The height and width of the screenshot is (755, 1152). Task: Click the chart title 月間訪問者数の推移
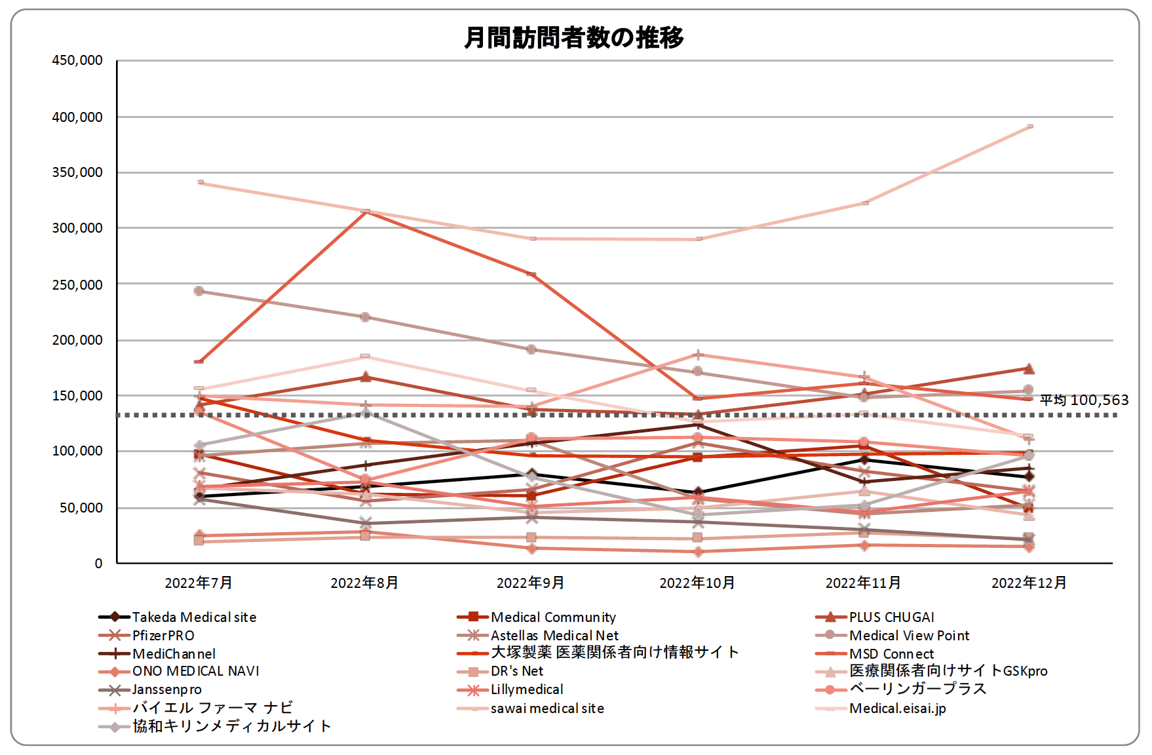coord(573,37)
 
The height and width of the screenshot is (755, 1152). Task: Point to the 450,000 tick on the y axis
coord(77,60)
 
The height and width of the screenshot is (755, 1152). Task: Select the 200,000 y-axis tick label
coord(77,340)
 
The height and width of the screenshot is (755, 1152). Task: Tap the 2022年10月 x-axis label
coord(697,583)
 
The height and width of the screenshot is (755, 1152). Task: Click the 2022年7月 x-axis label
coord(199,583)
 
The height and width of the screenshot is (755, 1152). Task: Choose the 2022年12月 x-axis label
coord(1029,583)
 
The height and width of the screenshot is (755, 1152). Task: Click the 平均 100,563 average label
coord(1084,400)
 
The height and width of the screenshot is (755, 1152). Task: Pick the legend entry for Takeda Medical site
coord(194,617)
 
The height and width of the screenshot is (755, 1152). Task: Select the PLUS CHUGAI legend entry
coord(891,617)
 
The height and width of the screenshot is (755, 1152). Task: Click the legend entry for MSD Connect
coord(891,654)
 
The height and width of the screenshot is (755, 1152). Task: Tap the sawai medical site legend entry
coord(547,708)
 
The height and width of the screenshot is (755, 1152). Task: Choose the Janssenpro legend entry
coord(166,689)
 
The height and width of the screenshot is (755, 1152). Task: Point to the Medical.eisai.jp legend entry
coord(897,708)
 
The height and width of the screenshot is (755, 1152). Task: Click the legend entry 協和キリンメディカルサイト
coord(231,726)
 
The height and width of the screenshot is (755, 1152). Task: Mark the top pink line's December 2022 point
coord(1029,126)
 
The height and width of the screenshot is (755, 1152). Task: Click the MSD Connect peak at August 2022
coord(365,212)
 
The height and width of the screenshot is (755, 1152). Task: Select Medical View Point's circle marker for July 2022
coord(199,291)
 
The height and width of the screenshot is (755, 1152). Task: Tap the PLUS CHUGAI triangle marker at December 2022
coord(1029,369)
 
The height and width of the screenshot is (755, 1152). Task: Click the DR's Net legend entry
coord(516,671)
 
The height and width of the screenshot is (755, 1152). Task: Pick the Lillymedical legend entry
coord(526,689)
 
